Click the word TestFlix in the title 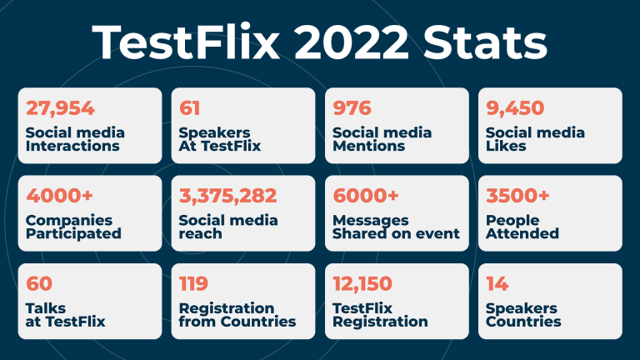click(x=186, y=42)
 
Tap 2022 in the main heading click(x=351, y=42)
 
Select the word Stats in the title click(x=485, y=42)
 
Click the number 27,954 click(x=60, y=108)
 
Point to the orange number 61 click(x=189, y=108)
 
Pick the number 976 click(x=352, y=108)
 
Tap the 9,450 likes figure click(x=515, y=108)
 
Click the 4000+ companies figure click(x=60, y=196)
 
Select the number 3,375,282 click(x=227, y=196)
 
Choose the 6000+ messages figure click(x=366, y=196)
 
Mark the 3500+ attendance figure click(x=517, y=196)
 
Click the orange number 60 click(x=39, y=283)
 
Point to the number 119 click(x=193, y=283)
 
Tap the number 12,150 click(x=362, y=284)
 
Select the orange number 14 click(x=497, y=283)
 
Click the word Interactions click(x=72, y=146)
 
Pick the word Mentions click(x=368, y=146)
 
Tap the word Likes click(x=506, y=146)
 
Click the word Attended click(x=522, y=233)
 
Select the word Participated click(x=73, y=234)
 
